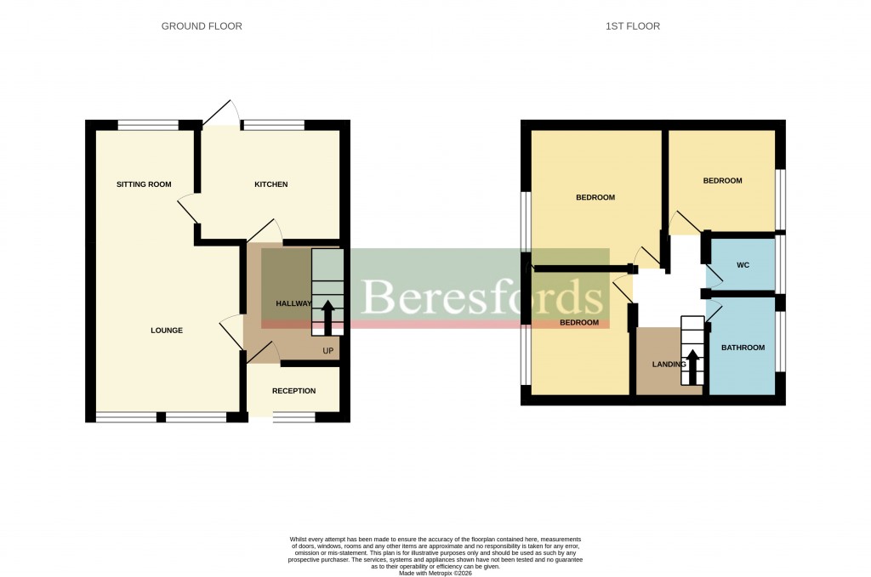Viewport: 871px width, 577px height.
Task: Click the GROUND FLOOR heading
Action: (202, 26)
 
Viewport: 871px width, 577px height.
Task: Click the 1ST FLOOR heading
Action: (632, 26)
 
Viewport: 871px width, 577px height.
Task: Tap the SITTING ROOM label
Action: (144, 184)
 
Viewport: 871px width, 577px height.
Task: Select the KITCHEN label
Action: (271, 184)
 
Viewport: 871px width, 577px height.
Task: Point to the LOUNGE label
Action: (167, 331)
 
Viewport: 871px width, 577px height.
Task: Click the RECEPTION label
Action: (293, 391)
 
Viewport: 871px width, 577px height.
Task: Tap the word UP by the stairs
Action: (327, 351)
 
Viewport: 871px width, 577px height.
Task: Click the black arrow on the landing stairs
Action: (693, 366)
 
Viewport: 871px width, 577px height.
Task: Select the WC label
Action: (743, 266)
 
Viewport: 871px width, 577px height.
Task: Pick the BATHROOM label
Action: (743, 348)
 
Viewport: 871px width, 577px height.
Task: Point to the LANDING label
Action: (669, 365)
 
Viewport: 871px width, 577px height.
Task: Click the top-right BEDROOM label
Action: (722, 181)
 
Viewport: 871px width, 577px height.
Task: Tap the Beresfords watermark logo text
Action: (481, 297)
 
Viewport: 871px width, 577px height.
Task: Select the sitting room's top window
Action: (148, 126)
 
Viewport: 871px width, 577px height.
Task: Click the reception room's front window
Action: (293, 417)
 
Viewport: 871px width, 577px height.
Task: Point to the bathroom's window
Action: (780, 342)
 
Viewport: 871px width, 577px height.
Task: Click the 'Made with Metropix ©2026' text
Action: (435, 574)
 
